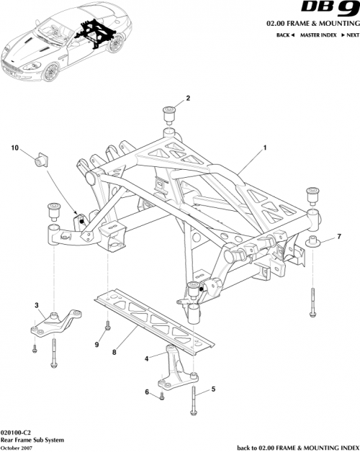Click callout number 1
[x=265, y=147]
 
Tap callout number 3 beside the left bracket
[x=37, y=306]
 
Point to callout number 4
[x=147, y=358]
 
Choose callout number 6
[x=147, y=392]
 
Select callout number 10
[x=13, y=148]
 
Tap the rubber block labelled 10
[x=40, y=158]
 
